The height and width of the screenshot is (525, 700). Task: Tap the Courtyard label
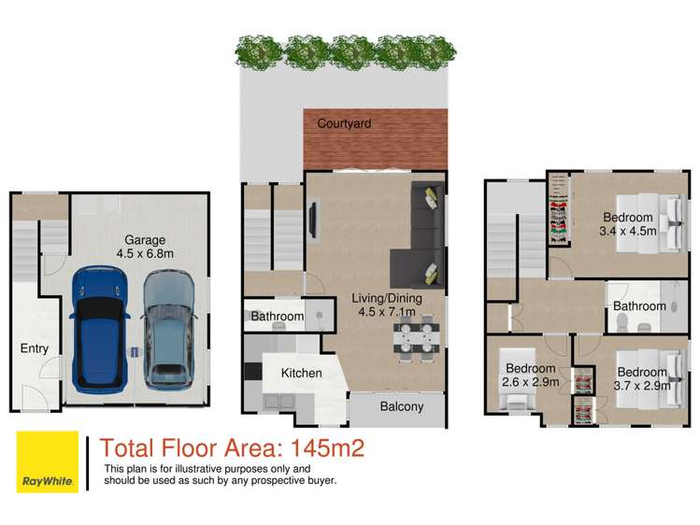(x=344, y=123)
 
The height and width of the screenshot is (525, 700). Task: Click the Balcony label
(x=401, y=406)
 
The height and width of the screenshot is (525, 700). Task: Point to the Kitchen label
(x=301, y=373)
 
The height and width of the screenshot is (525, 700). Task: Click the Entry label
(x=34, y=348)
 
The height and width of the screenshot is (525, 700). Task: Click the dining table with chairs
(x=413, y=339)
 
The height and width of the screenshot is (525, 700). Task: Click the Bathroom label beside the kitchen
(x=277, y=317)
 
